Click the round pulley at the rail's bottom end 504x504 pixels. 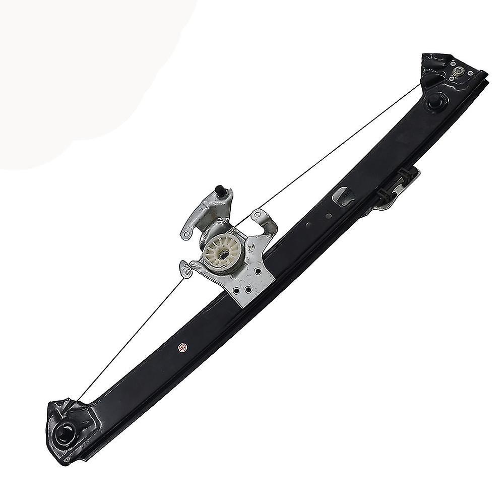point(66,434)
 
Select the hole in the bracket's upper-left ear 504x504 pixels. point(186,234)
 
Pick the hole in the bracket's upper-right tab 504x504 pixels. point(258,215)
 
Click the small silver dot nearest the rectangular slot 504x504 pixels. point(329,216)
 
